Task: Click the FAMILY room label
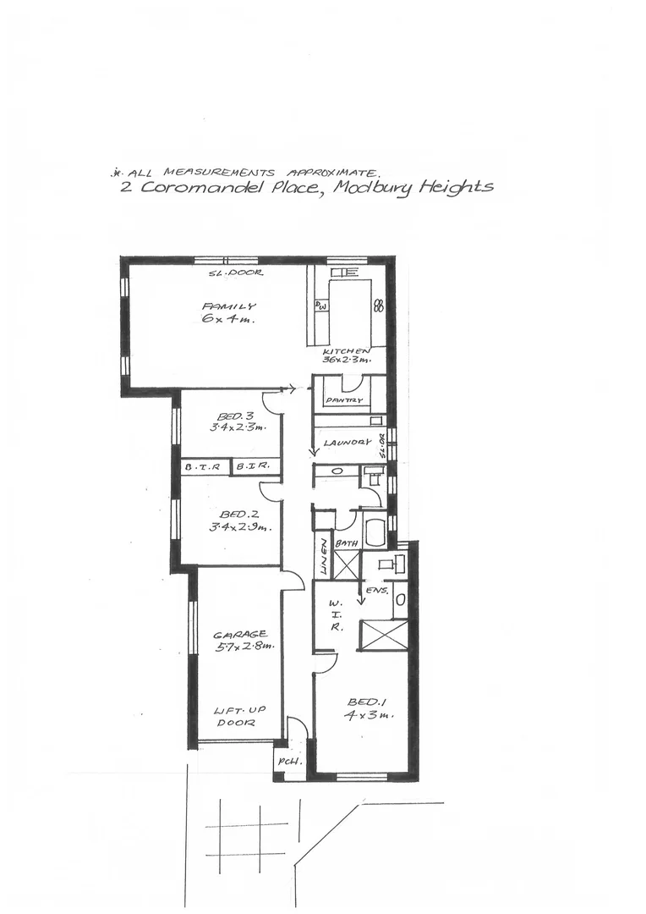(x=228, y=306)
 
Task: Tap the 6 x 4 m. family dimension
(x=228, y=320)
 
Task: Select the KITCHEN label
(x=347, y=350)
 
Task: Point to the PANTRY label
(x=344, y=400)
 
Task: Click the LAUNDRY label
(x=348, y=442)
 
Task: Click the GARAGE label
(x=240, y=633)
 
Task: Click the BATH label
(x=348, y=543)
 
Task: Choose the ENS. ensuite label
(x=377, y=591)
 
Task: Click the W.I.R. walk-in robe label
(x=335, y=614)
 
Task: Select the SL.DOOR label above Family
(x=236, y=273)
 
